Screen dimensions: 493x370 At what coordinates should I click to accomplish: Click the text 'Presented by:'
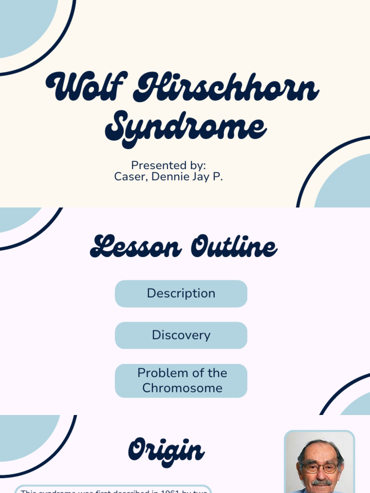169,165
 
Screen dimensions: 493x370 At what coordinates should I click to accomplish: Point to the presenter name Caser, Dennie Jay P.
169,177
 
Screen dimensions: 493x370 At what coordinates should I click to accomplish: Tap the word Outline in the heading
234,247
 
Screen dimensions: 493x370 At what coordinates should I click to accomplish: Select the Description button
181,294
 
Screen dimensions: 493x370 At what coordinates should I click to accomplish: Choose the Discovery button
181,335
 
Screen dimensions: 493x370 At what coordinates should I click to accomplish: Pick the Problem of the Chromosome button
181,380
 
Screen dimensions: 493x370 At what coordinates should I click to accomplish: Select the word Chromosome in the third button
182,388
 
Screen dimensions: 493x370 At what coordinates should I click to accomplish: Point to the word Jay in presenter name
201,177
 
